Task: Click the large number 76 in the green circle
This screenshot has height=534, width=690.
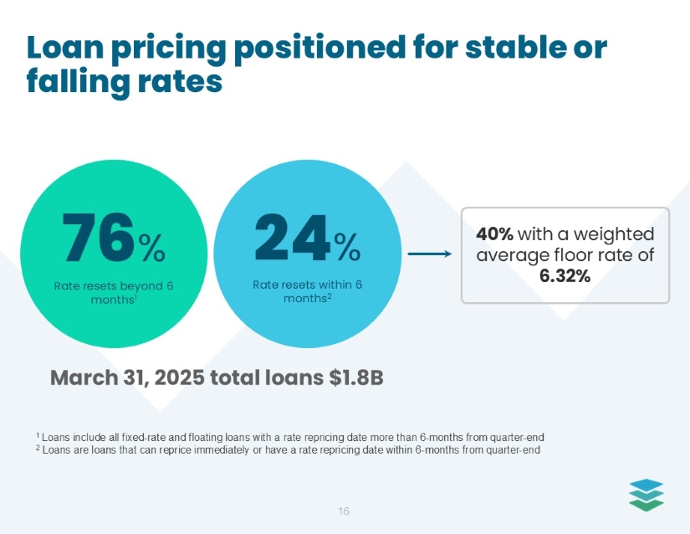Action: click(98, 239)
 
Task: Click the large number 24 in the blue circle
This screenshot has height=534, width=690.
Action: click(292, 239)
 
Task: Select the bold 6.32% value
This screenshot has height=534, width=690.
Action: click(565, 275)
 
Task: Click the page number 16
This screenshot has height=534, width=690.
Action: click(344, 511)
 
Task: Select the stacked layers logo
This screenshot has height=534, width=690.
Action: click(646, 494)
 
